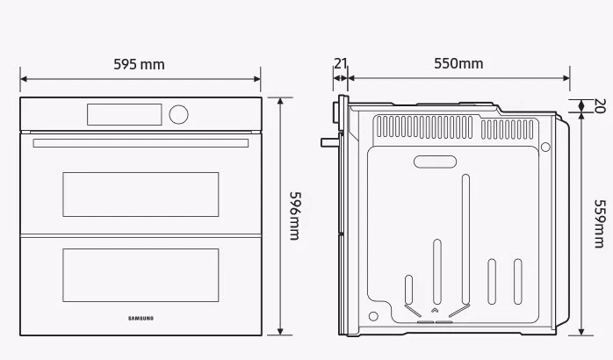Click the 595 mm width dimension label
click(x=139, y=64)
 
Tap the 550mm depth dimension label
click(x=458, y=63)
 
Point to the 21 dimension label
click(x=340, y=63)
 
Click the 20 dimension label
click(x=600, y=106)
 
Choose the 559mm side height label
click(x=599, y=223)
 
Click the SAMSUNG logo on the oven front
click(x=141, y=318)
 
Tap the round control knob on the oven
click(x=178, y=114)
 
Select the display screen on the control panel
click(x=124, y=114)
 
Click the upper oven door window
click(x=141, y=194)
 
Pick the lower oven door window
click(x=141, y=275)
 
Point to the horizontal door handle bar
click(x=141, y=142)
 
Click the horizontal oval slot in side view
click(x=436, y=162)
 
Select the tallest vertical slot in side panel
click(x=465, y=237)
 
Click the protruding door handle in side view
click(x=328, y=140)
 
